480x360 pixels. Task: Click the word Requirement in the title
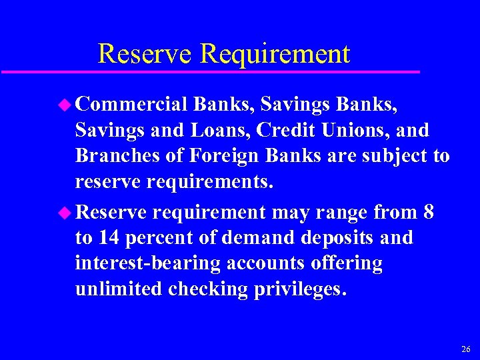pos(275,54)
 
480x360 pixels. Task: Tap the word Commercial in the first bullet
pos(131,105)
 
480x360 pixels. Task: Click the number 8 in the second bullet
pos(429,213)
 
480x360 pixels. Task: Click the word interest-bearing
pos(147,263)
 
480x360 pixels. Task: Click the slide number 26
pos(465,349)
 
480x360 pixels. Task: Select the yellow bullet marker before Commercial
pos(66,104)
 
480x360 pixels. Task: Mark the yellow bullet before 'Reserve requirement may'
pos(66,212)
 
